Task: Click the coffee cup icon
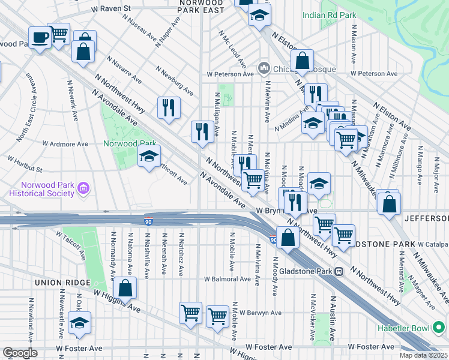(40, 37)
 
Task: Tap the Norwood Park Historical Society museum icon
(84, 190)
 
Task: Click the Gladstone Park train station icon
(339, 271)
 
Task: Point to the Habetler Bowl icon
(439, 327)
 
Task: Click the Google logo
(20, 352)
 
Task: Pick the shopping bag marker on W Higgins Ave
(125, 288)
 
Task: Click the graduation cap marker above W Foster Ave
(79, 323)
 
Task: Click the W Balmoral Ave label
(227, 279)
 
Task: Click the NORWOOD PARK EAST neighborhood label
(201, 7)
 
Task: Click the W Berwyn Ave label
(260, 313)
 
